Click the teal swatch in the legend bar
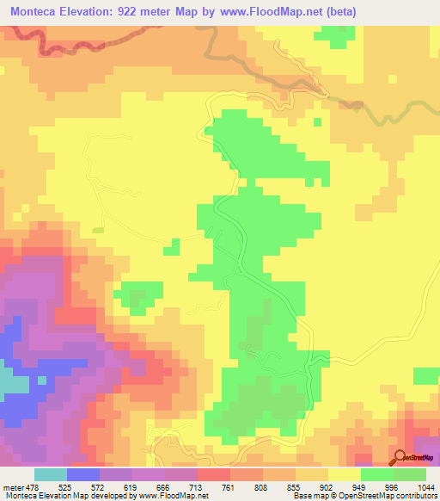51,474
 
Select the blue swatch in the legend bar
83,474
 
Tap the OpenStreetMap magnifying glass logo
401,457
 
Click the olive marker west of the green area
98,230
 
